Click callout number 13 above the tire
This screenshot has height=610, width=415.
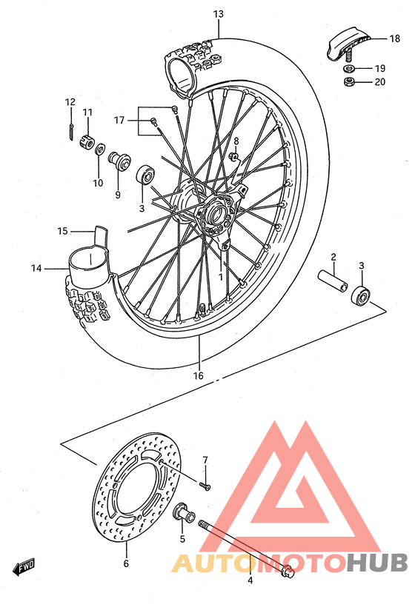pos(218,14)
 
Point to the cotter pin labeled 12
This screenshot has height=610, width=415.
pos(70,129)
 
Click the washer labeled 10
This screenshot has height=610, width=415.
pos(99,148)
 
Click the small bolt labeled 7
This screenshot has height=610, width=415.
pos(206,486)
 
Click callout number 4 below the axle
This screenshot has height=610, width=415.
pos(250,580)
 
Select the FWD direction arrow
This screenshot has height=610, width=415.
pos(25,568)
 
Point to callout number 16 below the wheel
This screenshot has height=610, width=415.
pos(199,375)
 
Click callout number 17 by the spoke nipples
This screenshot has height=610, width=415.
pos(119,119)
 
